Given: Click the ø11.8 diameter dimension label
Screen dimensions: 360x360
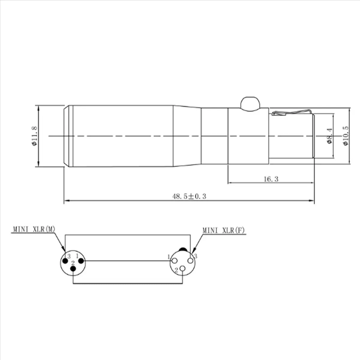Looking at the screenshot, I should [34, 136].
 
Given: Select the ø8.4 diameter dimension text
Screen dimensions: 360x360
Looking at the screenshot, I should [329, 136].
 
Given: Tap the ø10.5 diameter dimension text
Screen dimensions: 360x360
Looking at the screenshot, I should [346, 136].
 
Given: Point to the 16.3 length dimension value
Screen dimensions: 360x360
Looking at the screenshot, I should [271, 179].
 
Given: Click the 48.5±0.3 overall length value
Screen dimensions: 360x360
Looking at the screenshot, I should [189, 196].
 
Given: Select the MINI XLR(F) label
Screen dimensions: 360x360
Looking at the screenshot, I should [224, 231].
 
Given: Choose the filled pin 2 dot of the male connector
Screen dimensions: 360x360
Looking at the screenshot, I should [73, 269].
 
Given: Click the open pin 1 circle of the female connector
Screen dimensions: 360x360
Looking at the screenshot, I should [174, 261].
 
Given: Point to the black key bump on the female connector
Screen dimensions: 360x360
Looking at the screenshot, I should [183, 249].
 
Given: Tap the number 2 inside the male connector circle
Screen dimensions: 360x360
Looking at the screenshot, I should [73, 263].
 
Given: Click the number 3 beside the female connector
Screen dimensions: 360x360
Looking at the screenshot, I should [196, 256].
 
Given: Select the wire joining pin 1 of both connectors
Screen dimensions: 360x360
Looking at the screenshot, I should [127, 261].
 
